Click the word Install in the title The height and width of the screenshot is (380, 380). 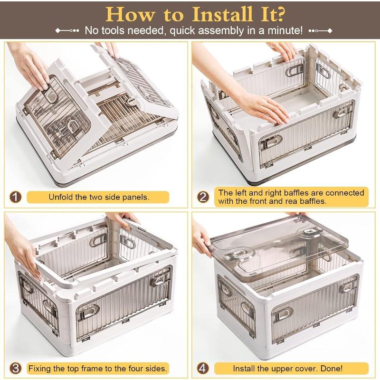[x=222, y=15]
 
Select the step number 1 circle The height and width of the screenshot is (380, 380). [x=15, y=197]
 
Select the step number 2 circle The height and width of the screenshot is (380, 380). [x=203, y=197]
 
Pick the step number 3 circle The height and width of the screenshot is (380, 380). [x=15, y=369]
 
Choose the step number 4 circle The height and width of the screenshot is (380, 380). [x=203, y=369]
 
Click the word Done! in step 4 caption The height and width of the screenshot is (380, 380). [x=332, y=369]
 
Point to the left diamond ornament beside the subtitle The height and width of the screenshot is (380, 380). [x=57, y=31]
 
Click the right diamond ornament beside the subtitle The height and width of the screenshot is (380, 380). [x=330, y=31]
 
